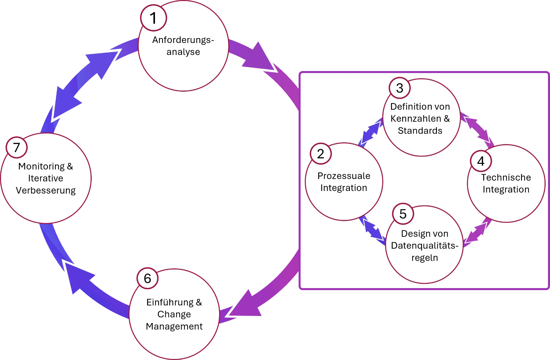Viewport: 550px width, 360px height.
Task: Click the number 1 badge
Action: pyautogui.click(x=154, y=18)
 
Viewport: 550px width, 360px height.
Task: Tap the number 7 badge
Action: pyautogui.click(x=17, y=147)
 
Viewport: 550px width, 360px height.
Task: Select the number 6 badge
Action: pyautogui.click(x=147, y=278)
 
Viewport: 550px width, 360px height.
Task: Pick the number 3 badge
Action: pyautogui.click(x=400, y=88)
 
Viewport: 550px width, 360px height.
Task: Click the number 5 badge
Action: pyautogui.click(x=403, y=214)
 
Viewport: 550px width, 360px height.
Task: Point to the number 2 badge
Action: pyautogui.click(x=321, y=154)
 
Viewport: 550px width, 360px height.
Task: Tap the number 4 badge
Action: pyautogui.click(x=481, y=161)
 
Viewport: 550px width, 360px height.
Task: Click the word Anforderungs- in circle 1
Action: pyautogui.click(x=183, y=40)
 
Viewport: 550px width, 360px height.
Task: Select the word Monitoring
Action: pyautogui.click(x=42, y=166)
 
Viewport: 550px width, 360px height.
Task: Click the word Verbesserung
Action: pyautogui.click(x=46, y=190)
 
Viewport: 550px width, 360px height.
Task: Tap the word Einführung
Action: pyautogui.click(x=170, y=302)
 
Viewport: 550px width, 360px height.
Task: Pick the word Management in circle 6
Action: pyautogui.click(x=174, y=326)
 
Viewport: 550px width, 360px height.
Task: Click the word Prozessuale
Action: pyautogui.click(x=344, y=176)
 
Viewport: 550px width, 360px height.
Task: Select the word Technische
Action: pyautogui.click(x=506, y=178)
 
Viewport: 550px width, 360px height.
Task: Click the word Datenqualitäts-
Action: pyautogui.click(x=425, y=246)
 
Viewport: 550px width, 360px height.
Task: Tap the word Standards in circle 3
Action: pyautogui.click(x=420, y=131)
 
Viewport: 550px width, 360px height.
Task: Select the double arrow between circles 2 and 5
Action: pyautogui.click(x=372, y=229)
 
